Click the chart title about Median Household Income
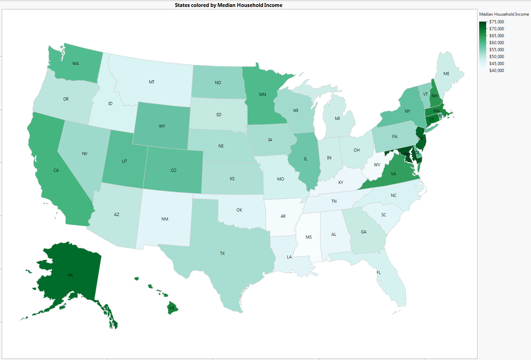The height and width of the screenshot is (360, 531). click(x=228, y=5)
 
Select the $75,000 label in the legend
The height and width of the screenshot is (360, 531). click(x=497, y=22)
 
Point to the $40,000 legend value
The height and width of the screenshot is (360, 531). click(x=497, y=71)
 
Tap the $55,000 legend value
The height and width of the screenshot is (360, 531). click(x=497, y=50)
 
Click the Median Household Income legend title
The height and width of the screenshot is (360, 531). click(x=504, y=14)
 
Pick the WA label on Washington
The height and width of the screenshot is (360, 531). click(x=75, y=64)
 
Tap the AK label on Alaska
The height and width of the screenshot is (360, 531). click(x=71, y=275)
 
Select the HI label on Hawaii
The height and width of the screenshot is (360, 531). click(x=172, y=308)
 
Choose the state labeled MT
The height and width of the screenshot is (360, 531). click(x=152, y=82)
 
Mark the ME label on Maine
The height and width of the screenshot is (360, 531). click(x=446, y=74)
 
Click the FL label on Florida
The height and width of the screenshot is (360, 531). click(x=379, y=273)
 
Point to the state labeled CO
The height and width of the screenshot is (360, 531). click(x=174, y=170)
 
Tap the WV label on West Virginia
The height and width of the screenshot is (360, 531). click(x=377, y=165)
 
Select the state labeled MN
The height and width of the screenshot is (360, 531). click(x=263, y=95)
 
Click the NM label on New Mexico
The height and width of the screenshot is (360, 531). click(x=165, y=219)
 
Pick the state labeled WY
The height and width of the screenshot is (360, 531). click(x=162, y=126)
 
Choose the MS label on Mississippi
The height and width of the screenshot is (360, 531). click(x=309, y=237)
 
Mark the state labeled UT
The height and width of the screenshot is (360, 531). click(x=124, y=161)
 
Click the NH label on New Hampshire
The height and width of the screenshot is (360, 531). click(x=435, y=96)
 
